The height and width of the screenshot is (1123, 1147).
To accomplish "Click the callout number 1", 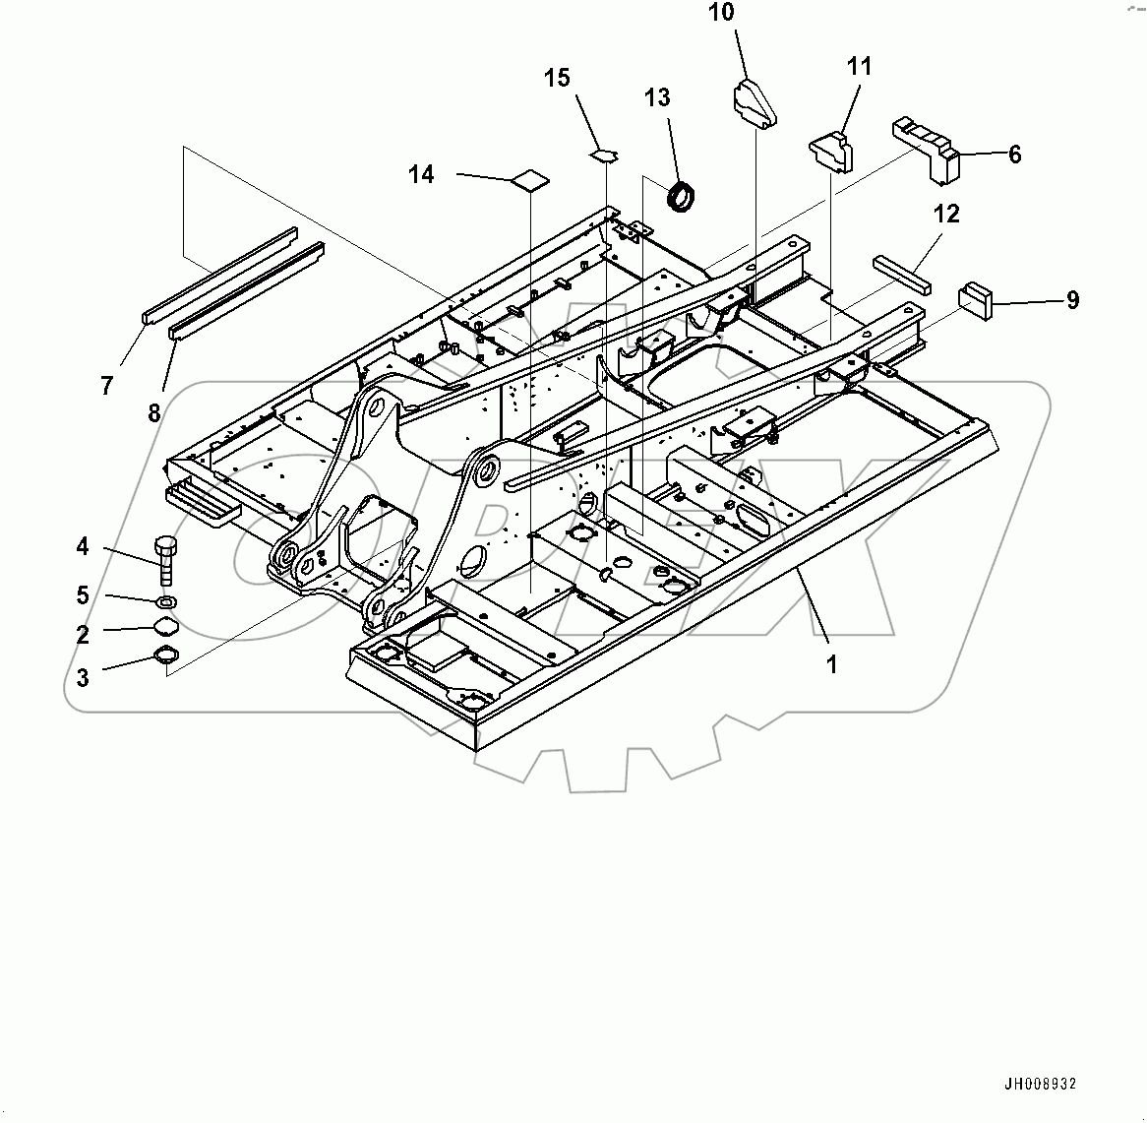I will [x=831, y=664].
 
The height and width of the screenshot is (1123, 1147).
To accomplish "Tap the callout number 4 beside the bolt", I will [x=83, y=546].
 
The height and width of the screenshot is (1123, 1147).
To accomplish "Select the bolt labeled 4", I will [x=165, y=559].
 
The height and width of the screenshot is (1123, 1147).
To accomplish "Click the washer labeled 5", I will [x=167, y=600].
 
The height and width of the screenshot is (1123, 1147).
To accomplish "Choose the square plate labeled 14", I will [x=531, y=179].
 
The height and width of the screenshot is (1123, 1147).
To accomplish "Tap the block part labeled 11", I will [x=832, y=149].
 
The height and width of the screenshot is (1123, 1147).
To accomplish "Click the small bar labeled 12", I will [x=900, y=272].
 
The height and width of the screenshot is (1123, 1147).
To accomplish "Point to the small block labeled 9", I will [x=977, y=298].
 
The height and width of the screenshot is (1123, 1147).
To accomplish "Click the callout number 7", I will [x=106, y=386].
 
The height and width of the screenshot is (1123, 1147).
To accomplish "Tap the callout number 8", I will [x=153, y=411].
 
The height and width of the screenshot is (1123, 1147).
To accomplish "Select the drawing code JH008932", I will [x=1040, y=1085].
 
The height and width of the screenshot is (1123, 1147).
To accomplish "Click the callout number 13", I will [x=657, y=97].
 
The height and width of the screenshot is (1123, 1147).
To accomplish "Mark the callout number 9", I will [x=1072, y=300].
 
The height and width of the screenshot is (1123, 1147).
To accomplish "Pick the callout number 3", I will [x=83, y=677].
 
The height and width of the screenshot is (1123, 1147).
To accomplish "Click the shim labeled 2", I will [x=165, y=627].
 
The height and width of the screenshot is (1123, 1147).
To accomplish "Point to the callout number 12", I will [x=946, y=214].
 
